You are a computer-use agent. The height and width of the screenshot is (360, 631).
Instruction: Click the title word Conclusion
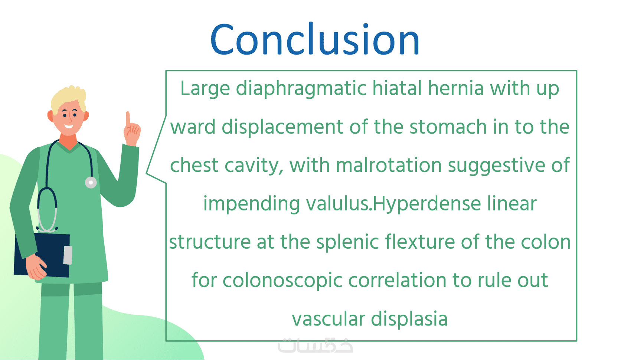click(x=315, y=39)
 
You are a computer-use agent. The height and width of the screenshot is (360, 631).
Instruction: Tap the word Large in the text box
click(x=205, y=89)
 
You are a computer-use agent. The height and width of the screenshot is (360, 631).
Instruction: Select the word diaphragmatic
click(x=301, y=89)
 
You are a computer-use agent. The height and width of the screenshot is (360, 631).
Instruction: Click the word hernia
click(x=456, y=88)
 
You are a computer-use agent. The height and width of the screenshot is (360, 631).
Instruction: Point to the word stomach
click(x=448, y=127)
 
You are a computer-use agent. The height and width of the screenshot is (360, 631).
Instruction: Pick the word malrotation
click(x=389, y=165)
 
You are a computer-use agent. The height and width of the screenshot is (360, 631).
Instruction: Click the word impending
click(x=252, y=204)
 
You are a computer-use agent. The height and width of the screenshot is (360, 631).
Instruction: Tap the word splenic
click(x=347, y=242)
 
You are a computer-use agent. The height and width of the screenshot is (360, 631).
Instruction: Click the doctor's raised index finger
click(x=128, y=118)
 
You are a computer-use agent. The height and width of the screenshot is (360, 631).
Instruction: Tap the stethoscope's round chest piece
click(x=91, y=183)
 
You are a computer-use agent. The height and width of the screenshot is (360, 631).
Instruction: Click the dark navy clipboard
click(x=42, y=255)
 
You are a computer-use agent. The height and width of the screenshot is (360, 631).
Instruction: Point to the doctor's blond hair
click(x=68, y=99)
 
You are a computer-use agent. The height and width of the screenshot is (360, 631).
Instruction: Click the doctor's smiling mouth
click(x=68, y=126)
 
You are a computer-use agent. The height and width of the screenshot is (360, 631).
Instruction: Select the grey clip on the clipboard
click(x=68, y=255)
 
